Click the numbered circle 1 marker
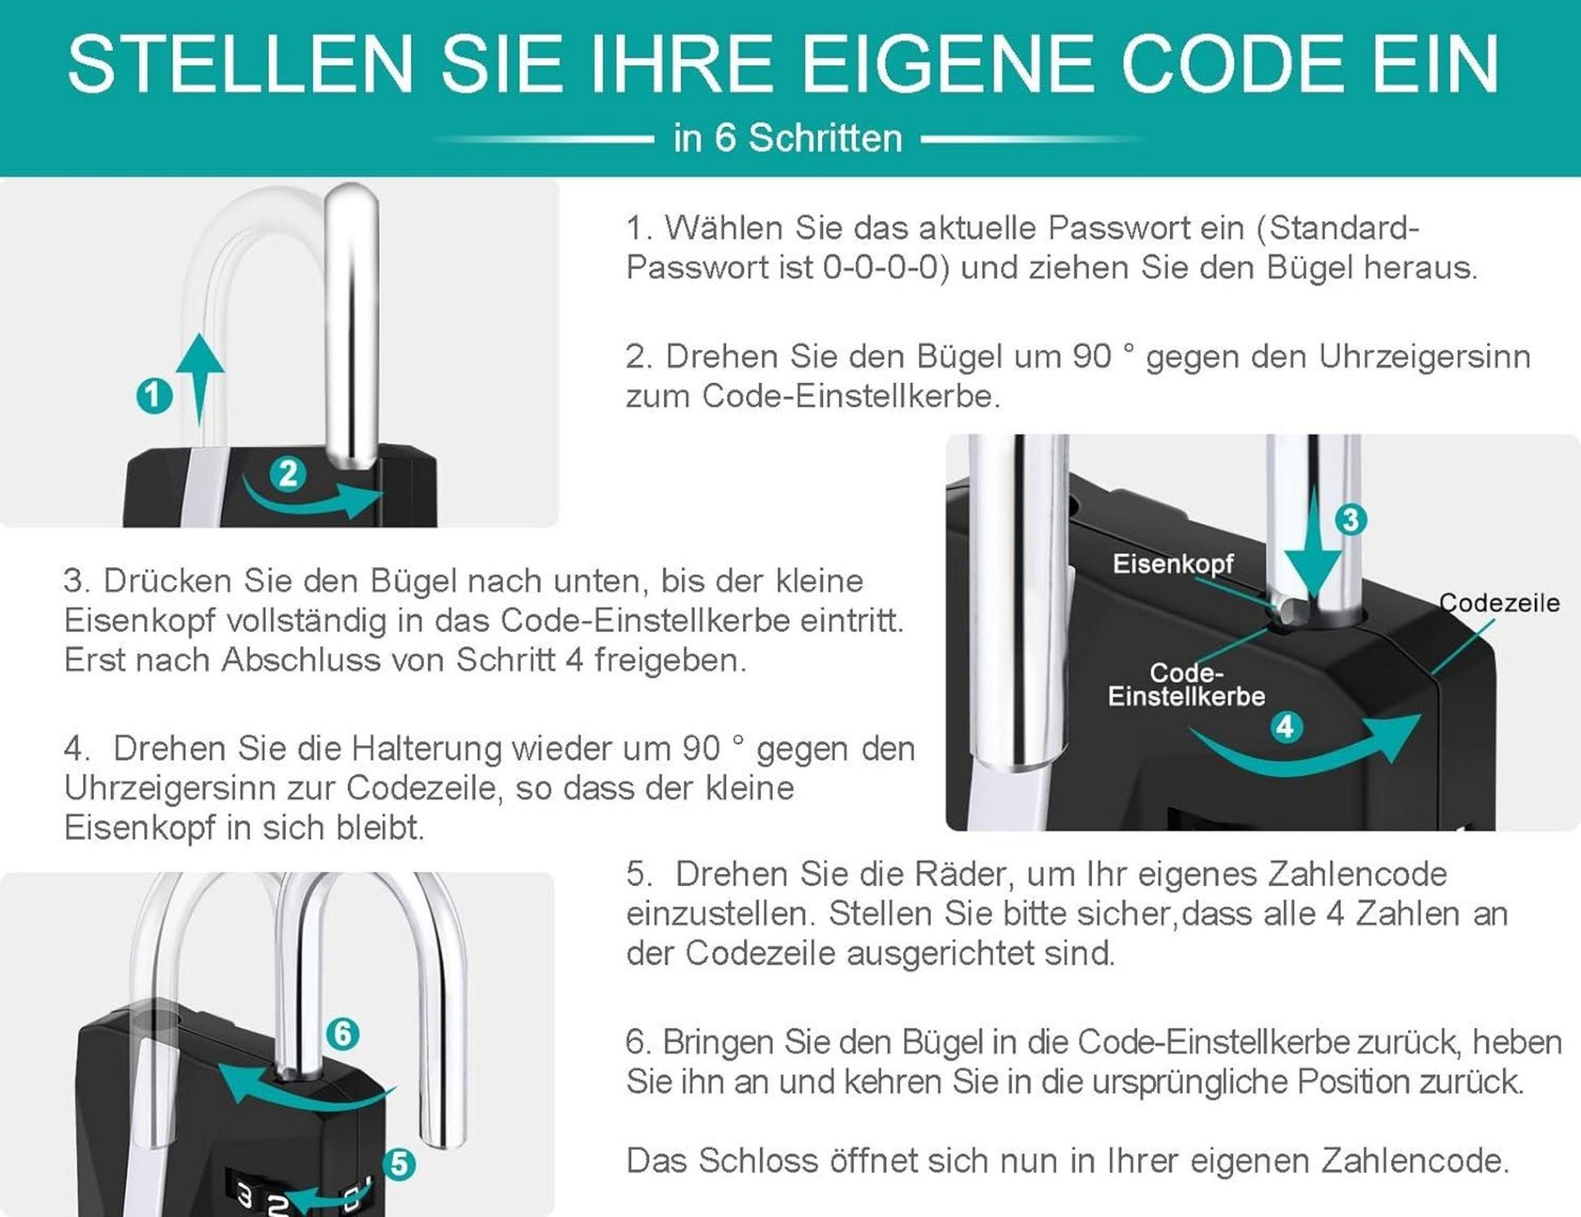(x=154, y=396)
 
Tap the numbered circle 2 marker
(x=288, y=473)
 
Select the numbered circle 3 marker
(x=1350, y=519)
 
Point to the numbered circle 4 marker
(x=1285, y=726)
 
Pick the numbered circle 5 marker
(x=399, y=1164)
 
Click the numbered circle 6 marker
(x=342, y=1034)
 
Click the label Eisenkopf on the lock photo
(x=1172, y=563)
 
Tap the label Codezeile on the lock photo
(x=1499, y=602)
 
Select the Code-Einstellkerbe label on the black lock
(x=1186, y=685)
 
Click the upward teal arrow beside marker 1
(x=200, y=378)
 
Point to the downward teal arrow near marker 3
(x=1314, y=553)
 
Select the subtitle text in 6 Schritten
(x=787, y=138)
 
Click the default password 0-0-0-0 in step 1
(x=881, y=267)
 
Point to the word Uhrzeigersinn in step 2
(x=1424, y=356)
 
